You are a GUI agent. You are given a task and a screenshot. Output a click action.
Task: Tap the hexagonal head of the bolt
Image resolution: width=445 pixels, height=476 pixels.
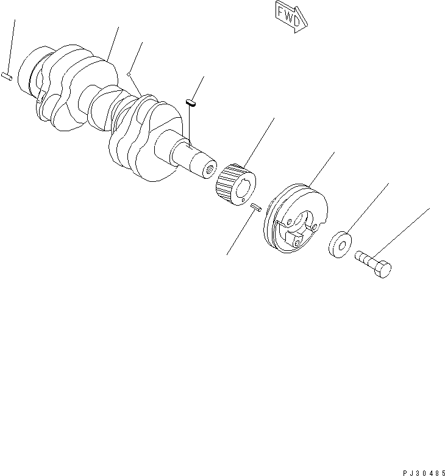[383, 270]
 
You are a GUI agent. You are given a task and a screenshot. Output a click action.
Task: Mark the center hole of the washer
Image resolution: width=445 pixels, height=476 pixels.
[342, 246]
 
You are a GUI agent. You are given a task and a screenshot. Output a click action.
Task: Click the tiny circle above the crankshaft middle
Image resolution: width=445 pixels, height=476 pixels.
[129, 74]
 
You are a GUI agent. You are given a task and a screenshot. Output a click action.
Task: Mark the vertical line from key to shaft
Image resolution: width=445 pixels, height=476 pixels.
[190, 125]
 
